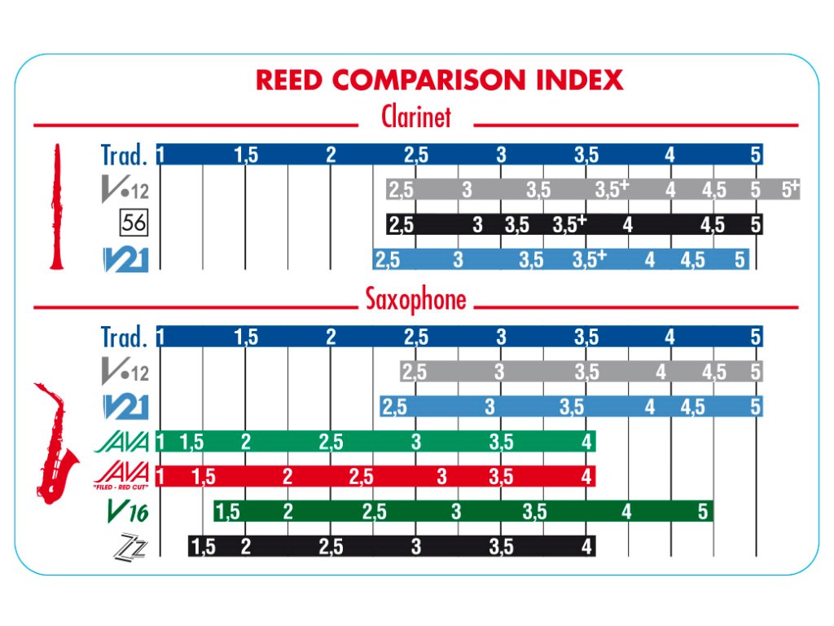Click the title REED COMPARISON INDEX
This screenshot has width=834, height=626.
click(440, 80)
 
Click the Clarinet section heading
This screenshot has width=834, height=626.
click(416, 117)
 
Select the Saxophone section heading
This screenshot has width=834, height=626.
click(416, 300)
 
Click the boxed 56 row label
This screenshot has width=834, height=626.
click(133, 222)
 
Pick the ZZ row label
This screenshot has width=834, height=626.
click(129, 548)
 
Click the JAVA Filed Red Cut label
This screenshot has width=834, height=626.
click(122, 474)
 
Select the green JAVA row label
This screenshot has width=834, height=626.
click(123, 443)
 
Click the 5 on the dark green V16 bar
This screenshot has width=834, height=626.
click(703, 512)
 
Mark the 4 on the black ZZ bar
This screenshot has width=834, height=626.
click(586, 547)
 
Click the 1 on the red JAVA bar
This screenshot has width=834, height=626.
click(160, 477)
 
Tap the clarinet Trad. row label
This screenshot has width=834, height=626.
click(124, 154)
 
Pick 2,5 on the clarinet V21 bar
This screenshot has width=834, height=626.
click(388, 260)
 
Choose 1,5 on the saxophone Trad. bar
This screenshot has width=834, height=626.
click(246, 337)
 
